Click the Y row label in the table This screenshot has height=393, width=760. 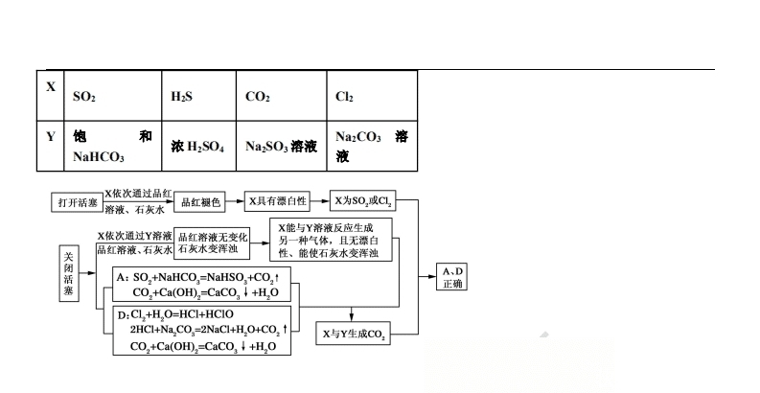click(51, 136)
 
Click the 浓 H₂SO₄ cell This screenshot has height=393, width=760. click(197, 147)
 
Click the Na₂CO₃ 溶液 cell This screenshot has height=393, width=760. click(372, 146)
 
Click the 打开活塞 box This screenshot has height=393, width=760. click(75, 202)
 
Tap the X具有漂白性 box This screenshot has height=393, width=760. click(277, 202)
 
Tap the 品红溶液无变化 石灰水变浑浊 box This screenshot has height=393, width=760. click(213, 243)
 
